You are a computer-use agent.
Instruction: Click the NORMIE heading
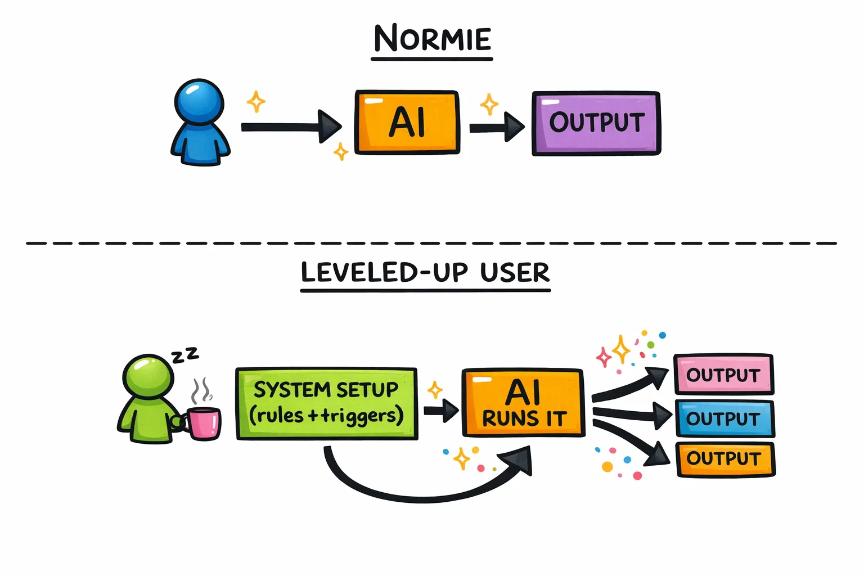[x=432, y=39]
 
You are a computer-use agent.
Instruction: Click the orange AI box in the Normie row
[x=407, y=122]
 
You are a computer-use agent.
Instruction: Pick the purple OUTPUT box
[x=596, y=123]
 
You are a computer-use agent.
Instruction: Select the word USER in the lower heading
[x=515, y=273]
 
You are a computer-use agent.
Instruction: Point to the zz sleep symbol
[x=185, y=355]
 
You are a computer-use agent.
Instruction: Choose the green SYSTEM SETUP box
[x=326, y=403]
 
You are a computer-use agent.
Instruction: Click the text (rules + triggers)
[x=326, y=416]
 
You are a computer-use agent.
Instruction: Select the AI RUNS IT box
[x=523, y=403]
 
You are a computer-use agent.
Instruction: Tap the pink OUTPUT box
[x=723, y=375]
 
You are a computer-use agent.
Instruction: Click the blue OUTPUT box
[x=724, y=418]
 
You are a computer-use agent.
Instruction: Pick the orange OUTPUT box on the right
[x=726, y=459]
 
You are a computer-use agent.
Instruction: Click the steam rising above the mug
[x=201, y=390]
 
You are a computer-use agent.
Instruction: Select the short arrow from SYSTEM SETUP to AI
[x=441, y=410]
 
